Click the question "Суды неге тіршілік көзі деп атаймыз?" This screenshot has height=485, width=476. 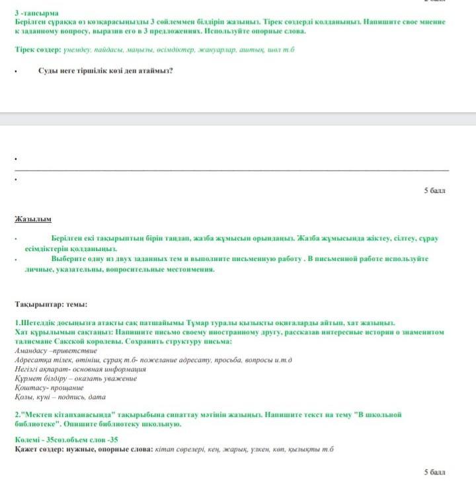click(105, 71)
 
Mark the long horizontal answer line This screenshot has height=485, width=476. click(231, 169)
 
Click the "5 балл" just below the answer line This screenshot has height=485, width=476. click(435, 190)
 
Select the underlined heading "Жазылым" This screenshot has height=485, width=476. click(33, 219)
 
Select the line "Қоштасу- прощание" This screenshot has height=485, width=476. click(48, 388)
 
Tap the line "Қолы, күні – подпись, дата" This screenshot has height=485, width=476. click(60, 397)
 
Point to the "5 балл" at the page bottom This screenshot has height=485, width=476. click(435, 472)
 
